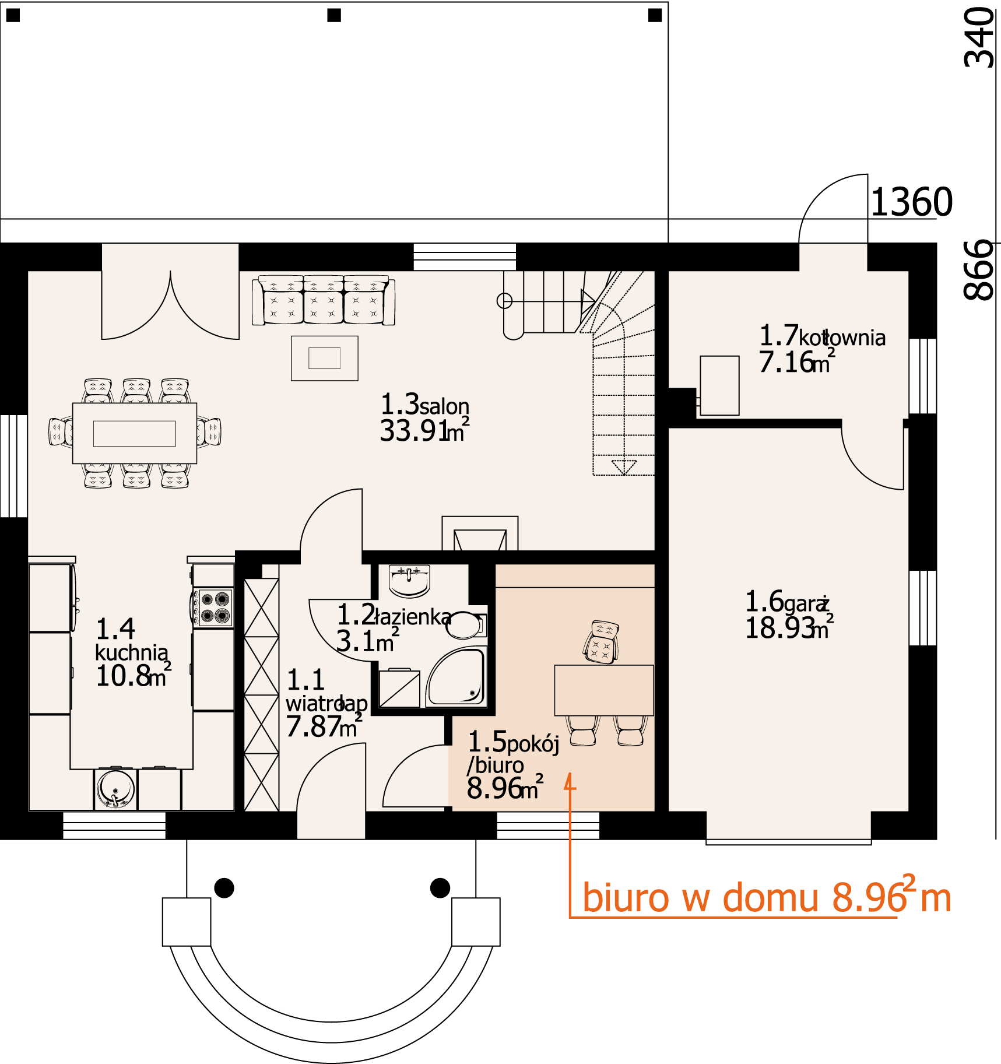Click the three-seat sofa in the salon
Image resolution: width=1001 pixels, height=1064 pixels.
(324, 300)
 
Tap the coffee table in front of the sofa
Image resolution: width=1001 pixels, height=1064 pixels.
(325, 358)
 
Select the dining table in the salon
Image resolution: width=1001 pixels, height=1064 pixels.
(135, 433)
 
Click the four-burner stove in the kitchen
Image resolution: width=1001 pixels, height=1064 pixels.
(214, 608)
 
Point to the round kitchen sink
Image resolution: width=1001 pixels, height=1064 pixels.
(115, 789)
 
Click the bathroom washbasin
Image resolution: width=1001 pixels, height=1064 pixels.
(409, 581)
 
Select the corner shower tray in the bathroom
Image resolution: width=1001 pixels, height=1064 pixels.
(456, 676)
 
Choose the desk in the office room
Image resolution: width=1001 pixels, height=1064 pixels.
(604, 690)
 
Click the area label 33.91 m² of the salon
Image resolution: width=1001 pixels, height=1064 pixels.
(424, 431)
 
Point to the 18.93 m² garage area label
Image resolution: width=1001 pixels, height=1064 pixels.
(790, 628)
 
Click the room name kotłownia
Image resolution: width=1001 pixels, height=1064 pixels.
(842, 338)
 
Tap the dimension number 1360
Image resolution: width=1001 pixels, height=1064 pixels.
(912, 202)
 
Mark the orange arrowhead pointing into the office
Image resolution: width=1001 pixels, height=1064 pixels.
(570, 781)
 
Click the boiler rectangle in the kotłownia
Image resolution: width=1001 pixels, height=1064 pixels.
(719, 385)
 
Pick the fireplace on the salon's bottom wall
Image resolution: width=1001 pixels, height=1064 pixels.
(480, 533)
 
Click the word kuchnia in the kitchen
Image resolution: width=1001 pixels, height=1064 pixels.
(132, 652)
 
